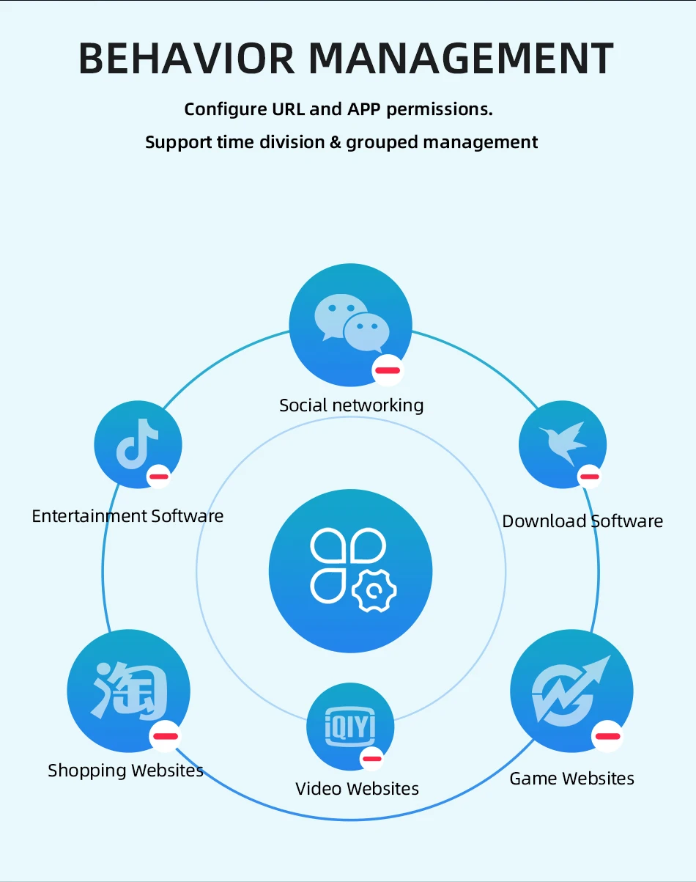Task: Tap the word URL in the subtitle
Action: (287, 110)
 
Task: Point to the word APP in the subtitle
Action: (363, 110)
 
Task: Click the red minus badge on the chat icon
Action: (388, 370)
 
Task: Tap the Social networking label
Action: (351, 405)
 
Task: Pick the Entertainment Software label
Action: (127, 516)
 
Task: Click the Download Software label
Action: (582, 521)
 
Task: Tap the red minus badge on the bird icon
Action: (589, 477)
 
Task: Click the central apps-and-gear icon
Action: (350, 571)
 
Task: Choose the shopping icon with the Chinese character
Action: (128, 690)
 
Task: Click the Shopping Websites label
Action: (125, 771)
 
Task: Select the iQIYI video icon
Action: (349, 726)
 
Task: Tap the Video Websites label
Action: (357, 789)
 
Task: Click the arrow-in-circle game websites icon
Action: (571, 690)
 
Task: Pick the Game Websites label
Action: (571, 778)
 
